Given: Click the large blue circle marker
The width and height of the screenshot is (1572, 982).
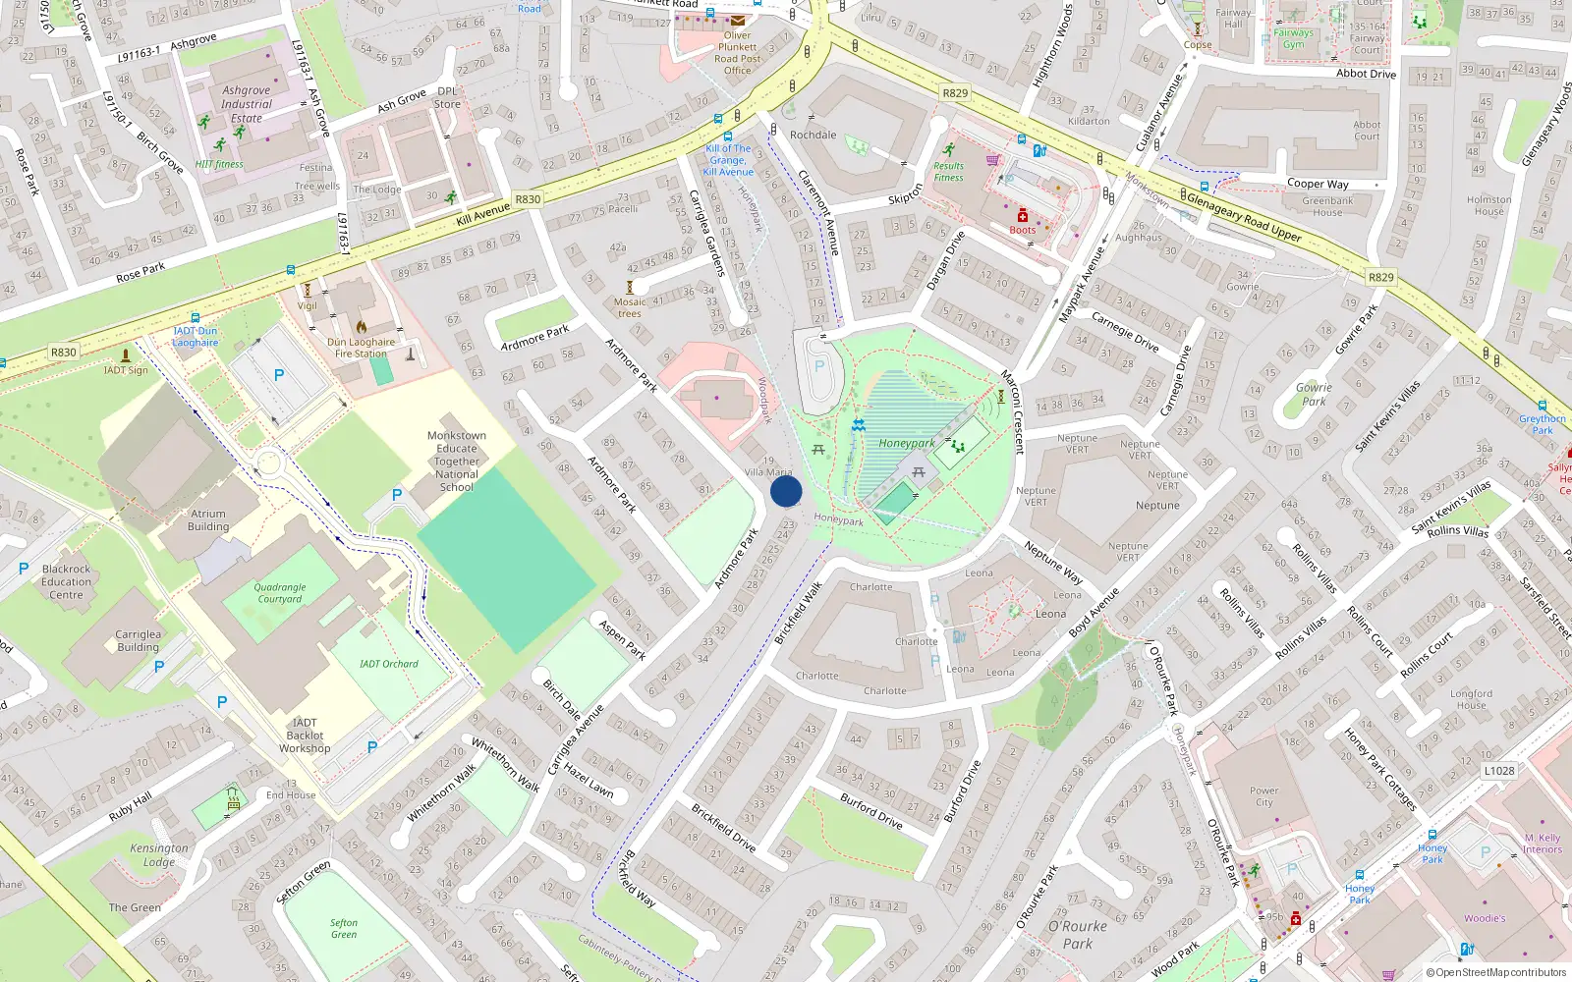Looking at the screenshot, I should click(x=786, y=491).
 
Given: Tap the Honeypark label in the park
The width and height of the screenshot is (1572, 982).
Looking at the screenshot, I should click(x=906, y=443).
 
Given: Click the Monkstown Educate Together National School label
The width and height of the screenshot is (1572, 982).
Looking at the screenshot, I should click(x=457, y=461).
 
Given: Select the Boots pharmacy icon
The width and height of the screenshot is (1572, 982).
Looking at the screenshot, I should click(x=1023, y=216).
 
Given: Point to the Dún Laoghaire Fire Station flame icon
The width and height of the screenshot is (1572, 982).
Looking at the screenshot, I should click(x=361, y=327).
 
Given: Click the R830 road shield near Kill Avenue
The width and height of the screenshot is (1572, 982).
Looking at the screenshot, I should click(x=528, y=199).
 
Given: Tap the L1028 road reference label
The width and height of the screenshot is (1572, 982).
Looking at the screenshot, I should click(x=1499, y=771).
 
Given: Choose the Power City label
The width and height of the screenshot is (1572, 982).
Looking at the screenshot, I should click(x=1263, y=796).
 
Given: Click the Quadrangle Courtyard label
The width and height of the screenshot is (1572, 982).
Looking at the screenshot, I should click(x=280, y=593).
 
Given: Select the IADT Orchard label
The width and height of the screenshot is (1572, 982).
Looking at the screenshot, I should click(x=388, y=664).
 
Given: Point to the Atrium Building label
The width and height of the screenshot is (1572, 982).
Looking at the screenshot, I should click(x=208, y=520).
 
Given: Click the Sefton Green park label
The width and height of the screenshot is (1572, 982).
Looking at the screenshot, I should click(x=344, y=928).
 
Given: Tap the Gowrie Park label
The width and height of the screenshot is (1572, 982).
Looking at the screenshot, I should click(x=1314, y=394).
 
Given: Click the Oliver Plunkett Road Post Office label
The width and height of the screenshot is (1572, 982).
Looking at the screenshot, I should click(x=737, y=53).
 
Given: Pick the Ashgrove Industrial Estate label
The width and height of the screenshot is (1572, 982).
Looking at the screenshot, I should click(x=247, y=104).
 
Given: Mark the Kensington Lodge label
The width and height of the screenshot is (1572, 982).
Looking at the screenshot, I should click(x=159, y=854).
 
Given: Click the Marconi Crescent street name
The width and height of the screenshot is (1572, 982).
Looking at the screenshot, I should click(x=1012, y=411).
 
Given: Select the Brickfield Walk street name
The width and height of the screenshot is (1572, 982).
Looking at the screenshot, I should click(x=798, y=613).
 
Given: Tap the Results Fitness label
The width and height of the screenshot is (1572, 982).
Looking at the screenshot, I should click(x=948, y=172).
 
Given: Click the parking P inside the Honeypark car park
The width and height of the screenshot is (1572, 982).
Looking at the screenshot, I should click(x=819, y=367).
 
